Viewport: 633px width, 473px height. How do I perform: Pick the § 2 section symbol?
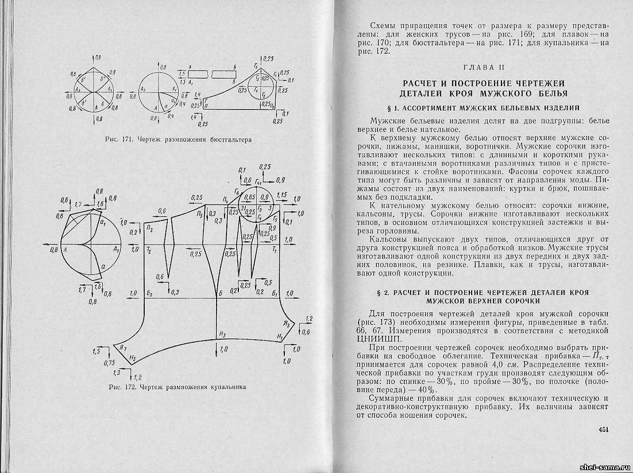tap(375, 292)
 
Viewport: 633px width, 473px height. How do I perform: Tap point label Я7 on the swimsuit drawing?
tap(122, 347)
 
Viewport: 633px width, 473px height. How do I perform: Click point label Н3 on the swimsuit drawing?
tap(223, 334)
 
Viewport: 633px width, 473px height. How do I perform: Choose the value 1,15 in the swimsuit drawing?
tap(281, 196)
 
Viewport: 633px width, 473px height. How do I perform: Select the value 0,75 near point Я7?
tap(109, 363)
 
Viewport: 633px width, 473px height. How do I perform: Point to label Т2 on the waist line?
tap(149, 251)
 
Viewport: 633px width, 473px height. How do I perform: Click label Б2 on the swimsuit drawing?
tap(149, 294)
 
